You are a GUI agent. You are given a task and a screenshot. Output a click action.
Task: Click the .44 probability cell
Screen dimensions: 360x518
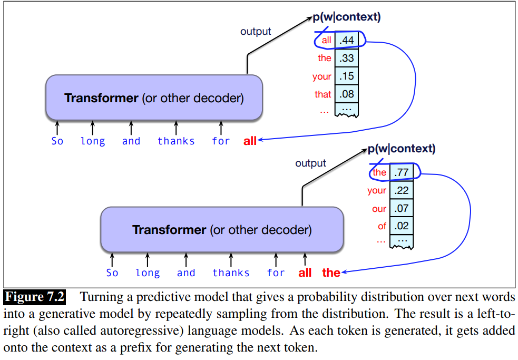click(347, 40)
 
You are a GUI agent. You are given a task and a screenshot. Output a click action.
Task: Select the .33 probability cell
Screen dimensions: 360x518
click(347, 58)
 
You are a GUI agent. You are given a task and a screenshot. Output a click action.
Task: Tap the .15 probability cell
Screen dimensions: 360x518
click(347, 76)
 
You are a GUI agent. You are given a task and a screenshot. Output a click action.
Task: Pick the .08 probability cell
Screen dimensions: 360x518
click(347, 95)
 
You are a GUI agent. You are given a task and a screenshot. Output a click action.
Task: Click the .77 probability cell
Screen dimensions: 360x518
click(402, 172)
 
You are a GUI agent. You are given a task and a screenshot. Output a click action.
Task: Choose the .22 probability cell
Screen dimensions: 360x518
click(402, 190)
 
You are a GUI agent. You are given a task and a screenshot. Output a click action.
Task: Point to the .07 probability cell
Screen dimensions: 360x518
click(402, 209)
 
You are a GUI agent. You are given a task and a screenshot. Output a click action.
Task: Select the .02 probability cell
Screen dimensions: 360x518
click(402, 227)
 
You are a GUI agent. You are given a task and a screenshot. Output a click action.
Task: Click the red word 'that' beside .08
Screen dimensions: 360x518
click(322, 95)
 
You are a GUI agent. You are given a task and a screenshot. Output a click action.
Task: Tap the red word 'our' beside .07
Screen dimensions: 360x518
click(379, 209)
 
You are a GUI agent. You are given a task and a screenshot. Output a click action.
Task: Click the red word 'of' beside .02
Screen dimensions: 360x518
click(382, 227)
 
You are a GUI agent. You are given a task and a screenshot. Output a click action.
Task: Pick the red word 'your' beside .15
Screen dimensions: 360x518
click(321, 76)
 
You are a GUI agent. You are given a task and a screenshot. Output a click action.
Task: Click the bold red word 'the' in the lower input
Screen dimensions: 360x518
click(331, 273)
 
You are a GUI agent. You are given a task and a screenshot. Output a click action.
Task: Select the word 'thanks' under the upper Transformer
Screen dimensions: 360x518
click(176, 141)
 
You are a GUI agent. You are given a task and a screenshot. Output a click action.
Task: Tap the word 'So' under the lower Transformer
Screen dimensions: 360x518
click(112, 273)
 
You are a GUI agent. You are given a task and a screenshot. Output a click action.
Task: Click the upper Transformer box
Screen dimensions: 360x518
click(154, 98)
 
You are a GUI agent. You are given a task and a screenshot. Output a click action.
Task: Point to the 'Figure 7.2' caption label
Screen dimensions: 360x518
click(35, 297)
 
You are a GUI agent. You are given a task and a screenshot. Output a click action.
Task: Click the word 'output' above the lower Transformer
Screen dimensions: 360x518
click(310, 163)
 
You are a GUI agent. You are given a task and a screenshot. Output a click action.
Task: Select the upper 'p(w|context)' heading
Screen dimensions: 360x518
click(346, 17)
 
